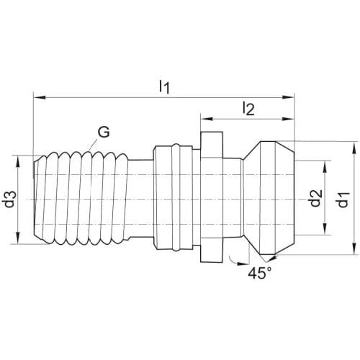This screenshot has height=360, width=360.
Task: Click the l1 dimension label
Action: pyautogui.click(x=165, y=87)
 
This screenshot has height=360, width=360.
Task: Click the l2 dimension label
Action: pyautogui.click(x=248, y=109)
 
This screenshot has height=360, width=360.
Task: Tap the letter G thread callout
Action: pyautogui.click(x=104, y=132)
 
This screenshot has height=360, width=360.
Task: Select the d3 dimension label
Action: pyautogui.click(x=11, y=199)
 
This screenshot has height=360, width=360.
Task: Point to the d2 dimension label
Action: pyautogui.click(x=315, y=198)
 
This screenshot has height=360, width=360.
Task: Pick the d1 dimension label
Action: pyautogui.click(x=343, y=199)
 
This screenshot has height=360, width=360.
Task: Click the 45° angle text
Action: pyautogui.click(x=260, y=273)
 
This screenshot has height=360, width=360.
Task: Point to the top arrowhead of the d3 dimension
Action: pyautogui.click(x=18, y=161)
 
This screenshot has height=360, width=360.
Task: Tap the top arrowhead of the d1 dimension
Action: pyautogui.click(x=354, y=148)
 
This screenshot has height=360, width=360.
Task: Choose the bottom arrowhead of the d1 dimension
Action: pyautogui.click(x=354, y=248)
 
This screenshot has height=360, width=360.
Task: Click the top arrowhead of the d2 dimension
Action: pyautogui.click(x=325, y=167)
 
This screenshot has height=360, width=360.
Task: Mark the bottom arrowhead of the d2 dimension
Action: pyautogui.click(x=325, y=229)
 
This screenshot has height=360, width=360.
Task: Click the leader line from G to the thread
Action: pyautogui.click(x=93, y=145)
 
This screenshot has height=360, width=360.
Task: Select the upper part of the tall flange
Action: pyautogui.click(x=212, y=144)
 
